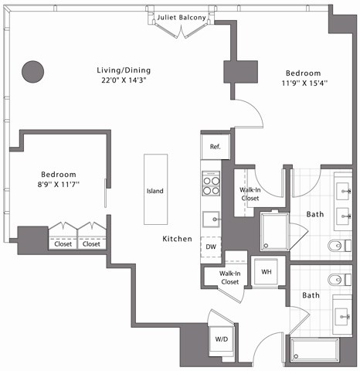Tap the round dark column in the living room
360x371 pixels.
coord(32,72)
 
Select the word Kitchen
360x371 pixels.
coord(177,240)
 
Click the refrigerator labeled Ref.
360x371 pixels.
coord(214,146)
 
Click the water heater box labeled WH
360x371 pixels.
coord(267,272)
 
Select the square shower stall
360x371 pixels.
coord(273,230)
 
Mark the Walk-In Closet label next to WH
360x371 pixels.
coord(229,277)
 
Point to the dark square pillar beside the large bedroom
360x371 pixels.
coord(240,71)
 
